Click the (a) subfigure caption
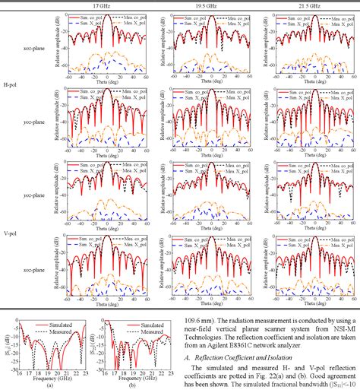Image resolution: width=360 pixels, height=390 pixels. coord(48,385)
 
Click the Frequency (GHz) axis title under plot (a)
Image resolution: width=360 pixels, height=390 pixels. coord(49,378)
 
